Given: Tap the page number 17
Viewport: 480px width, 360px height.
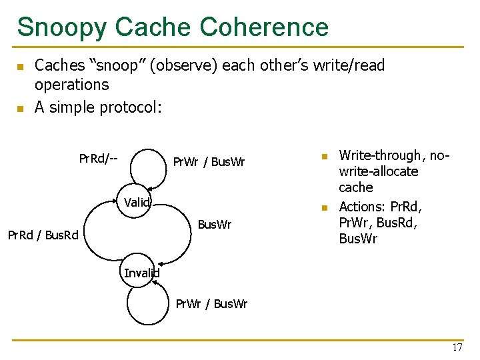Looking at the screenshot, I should pyautogui.click(x=457, y=347).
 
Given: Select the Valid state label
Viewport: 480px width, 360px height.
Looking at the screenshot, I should pyautogui.click(x=137, y=203).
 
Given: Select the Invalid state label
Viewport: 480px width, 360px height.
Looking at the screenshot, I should pyautogui.click(x=141, y=273).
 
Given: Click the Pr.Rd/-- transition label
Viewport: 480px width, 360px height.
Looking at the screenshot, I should pyautogui.click(x=98, y=159).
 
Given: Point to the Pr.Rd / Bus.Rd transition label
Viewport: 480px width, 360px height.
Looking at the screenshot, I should pyautogui.click(x=43, y=235).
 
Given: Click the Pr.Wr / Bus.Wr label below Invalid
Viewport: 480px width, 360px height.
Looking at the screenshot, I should pyautogui.click(x=211, y=304).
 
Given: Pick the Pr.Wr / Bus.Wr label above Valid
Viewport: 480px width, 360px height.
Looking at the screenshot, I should pyautogui.click(x=209, y=162).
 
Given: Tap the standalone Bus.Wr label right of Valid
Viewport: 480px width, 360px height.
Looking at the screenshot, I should pyautogui.click(x=215, y=225).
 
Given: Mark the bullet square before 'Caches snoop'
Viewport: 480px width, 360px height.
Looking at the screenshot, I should pyautogui.click(x=20, y=67).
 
